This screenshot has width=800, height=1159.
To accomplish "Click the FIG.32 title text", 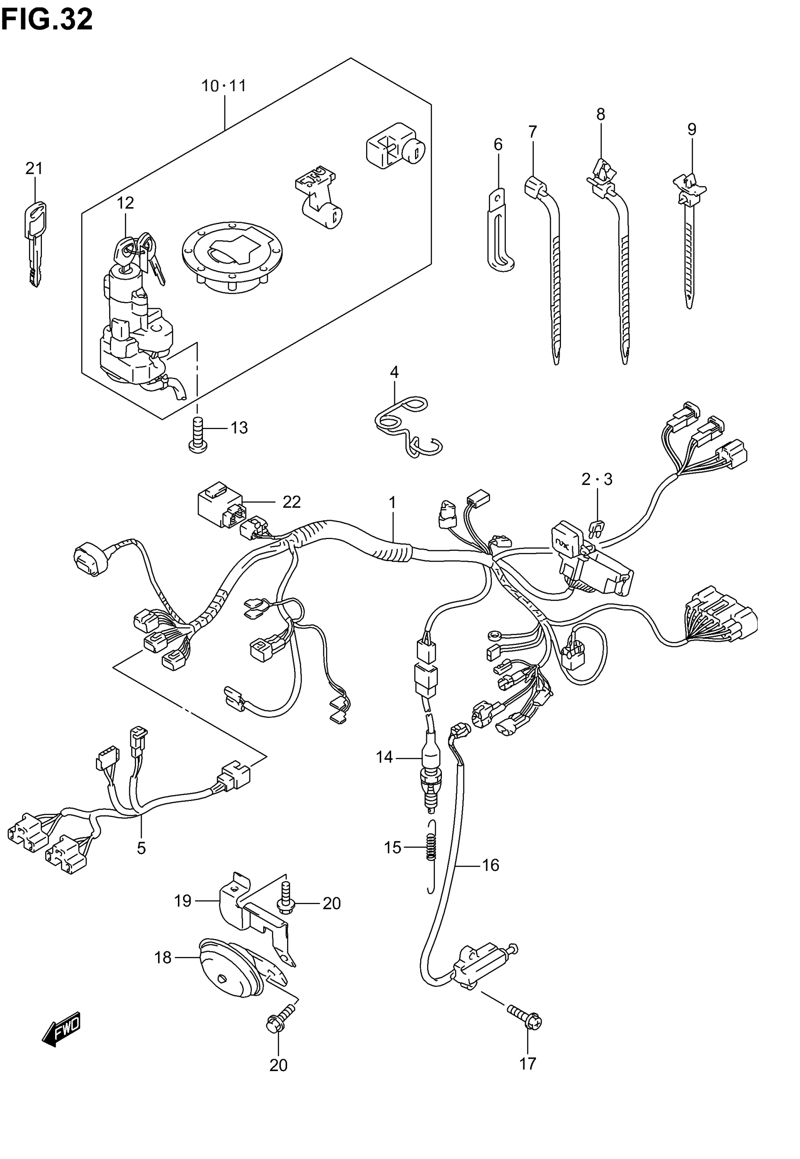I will click(47, 20).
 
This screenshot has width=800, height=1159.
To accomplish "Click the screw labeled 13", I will click(198, 434).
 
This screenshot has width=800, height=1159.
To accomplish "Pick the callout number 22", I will click(292, 502).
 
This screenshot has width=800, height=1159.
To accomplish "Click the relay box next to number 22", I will click(220, 504).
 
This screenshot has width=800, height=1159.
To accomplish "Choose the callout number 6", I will click(498, 145).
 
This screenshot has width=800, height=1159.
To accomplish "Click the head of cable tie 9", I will click(691, 190).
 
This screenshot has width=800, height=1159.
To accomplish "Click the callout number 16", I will click(491, 865).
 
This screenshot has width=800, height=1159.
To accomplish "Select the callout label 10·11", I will click(224, 86).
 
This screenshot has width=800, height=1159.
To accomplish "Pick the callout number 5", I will click(141, 848).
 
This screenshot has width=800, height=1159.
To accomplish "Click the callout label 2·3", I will click(597, 480).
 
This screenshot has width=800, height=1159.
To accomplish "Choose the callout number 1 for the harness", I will click(392, 502).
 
